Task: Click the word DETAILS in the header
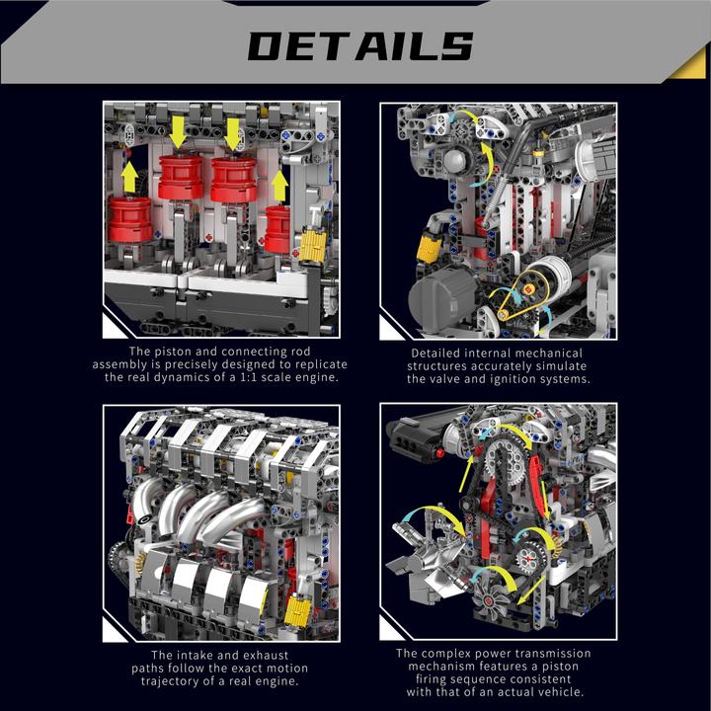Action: (359, 45)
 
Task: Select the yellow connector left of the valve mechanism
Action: (429, 248)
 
